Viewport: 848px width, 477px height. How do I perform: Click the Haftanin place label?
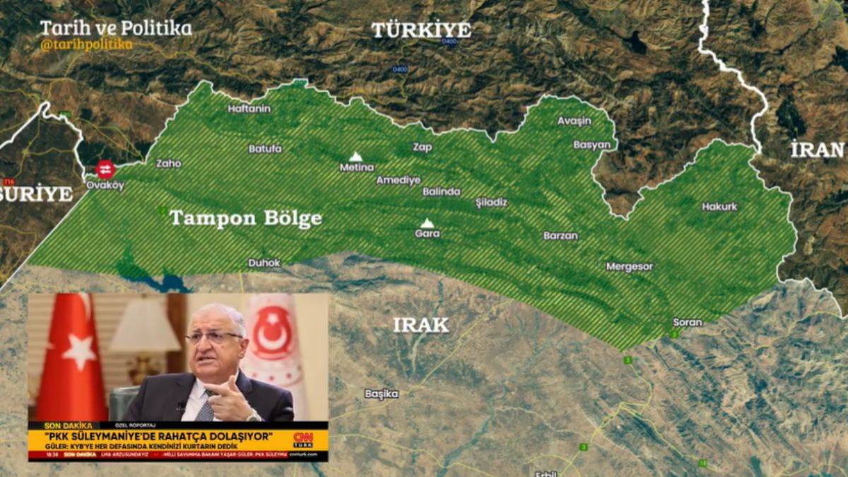click(249, 109)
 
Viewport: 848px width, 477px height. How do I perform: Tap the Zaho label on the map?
click(168, 163)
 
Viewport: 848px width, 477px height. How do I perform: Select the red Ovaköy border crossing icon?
click(105, 170)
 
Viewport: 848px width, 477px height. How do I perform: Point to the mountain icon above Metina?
click(355, 156)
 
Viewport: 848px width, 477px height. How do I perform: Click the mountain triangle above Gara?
click(427, 223)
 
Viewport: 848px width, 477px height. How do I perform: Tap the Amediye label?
click(398, 180)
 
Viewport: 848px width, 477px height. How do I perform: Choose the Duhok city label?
click(264, 263)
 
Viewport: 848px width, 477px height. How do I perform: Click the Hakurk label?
click(719, 207)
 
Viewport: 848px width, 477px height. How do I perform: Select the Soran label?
click(687, 322)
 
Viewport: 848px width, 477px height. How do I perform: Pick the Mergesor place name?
click(629, 267)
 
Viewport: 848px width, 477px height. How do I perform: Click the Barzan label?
click(560, 236)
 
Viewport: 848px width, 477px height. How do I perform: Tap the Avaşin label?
click(574, 121)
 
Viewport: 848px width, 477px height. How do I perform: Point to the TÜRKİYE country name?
click(421, 30)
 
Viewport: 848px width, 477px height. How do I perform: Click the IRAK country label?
click(420, 325)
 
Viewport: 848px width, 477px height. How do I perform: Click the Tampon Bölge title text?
click(245, 218)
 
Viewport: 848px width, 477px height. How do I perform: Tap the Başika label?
click(382, 394)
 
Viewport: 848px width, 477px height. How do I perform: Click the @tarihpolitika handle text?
click(86, 45)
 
